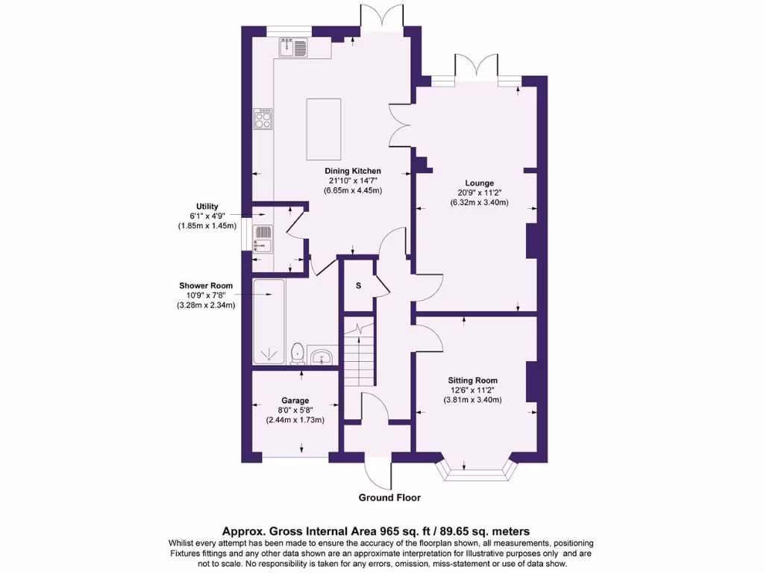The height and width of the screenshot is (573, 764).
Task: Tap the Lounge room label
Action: point(480,183)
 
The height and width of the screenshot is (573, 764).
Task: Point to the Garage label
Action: point(295,401)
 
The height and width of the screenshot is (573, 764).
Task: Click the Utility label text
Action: point(207,206)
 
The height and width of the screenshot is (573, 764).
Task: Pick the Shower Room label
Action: point(205,286)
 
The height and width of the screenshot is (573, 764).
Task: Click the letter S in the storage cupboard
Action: point(358,286)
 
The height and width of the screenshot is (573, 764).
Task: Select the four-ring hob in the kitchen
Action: point(263,119)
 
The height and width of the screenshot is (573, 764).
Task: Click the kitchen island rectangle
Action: point(323,129)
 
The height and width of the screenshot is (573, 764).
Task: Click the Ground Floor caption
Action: point(389,498)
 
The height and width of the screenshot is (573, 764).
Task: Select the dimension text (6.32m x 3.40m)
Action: point(480,202)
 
